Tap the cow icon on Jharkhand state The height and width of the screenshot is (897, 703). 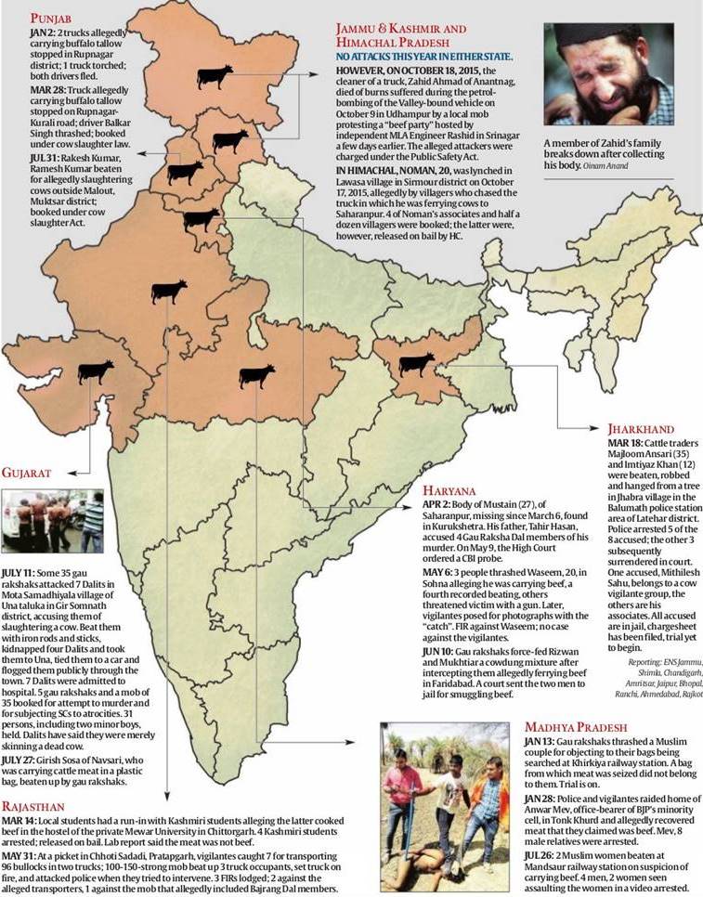416,363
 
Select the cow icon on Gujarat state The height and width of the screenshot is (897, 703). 96,372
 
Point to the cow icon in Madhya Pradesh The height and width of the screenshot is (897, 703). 257,376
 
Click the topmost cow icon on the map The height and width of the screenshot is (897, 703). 215,77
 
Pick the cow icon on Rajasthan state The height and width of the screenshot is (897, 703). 168,292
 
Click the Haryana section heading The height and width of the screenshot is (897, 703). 450,489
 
